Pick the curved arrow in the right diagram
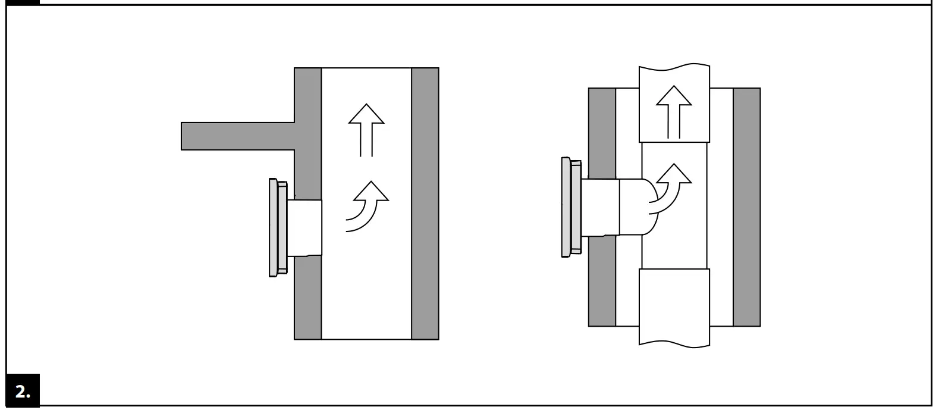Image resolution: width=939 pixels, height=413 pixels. pos(671,187)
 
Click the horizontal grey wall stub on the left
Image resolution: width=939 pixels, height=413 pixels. pos(238,136)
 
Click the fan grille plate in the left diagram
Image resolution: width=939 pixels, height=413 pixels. pos(274,228)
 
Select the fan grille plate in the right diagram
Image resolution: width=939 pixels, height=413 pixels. pos(566,207)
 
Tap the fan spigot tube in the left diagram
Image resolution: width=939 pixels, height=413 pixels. pos(305,228)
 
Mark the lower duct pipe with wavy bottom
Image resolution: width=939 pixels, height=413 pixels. pos(674,306)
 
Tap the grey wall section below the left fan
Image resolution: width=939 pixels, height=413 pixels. pos(307,298)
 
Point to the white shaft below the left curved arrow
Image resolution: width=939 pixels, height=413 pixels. pos(366,286)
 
